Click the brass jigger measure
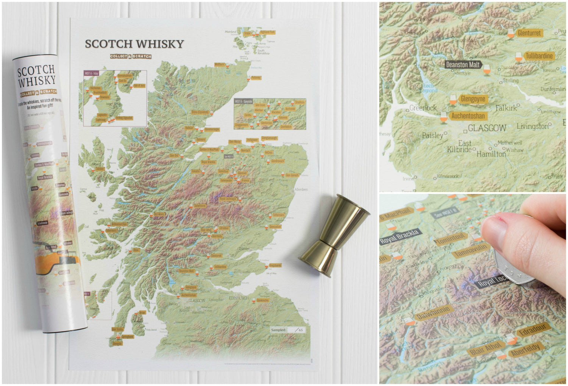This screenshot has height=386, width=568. point(335,235)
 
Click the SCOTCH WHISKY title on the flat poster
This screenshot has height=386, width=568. point(134,44)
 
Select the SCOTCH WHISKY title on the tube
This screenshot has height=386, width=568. point(36,76)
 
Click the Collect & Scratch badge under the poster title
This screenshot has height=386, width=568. point(131,56)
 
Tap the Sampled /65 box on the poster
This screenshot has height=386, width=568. point(287,330)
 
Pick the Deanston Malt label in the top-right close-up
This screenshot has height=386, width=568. point(463,64)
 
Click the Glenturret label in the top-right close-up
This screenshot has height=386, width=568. point(529,33)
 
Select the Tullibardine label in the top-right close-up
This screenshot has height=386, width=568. point(539,56)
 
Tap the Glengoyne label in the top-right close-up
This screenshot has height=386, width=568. point(473,99)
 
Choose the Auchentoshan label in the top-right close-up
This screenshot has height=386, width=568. point(468,116)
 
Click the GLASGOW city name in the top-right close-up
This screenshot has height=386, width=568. point(487,128)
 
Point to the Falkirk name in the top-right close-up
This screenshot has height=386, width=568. point(506,108)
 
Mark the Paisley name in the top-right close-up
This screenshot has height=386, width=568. point(432,135)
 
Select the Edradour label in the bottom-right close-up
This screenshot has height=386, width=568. point(532,330)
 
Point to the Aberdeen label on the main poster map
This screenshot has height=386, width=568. point(301,189)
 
